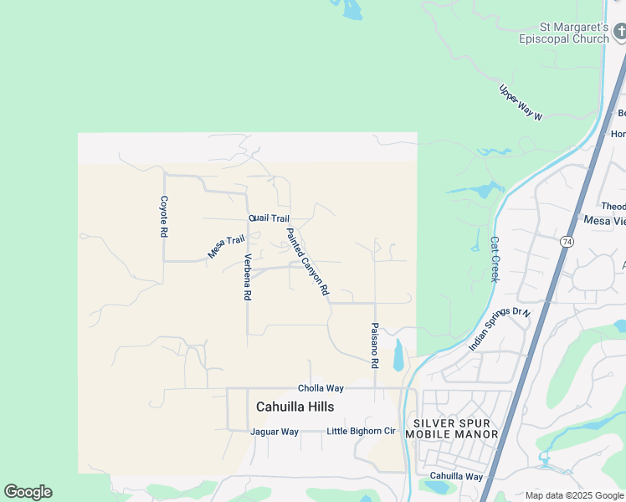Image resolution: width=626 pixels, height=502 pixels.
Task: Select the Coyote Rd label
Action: [x=165, y=217]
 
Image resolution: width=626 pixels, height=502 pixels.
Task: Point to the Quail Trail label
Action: [x=269, y=218]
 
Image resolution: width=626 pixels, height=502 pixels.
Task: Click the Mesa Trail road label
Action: [x=226, y=246]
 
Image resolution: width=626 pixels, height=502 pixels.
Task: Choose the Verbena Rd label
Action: [x=248, y=277]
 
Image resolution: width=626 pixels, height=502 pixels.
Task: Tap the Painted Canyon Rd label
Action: [x=306, y=263]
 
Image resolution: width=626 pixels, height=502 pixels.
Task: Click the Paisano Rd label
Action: [x=375, y=346]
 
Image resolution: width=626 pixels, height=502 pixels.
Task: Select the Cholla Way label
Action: [x=321, y=388]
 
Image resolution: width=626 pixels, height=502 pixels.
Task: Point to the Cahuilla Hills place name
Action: [x=295, y=407]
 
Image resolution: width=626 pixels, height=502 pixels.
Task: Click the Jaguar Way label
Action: [x=275, y=432]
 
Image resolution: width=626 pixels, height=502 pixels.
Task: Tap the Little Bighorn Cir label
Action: [x=361, y=432]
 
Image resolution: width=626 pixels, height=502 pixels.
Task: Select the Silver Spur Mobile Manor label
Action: [x=452, y=428]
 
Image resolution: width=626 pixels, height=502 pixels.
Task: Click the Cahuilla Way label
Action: [x=456, y=476]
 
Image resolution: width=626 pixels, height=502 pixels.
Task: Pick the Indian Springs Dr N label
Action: [x=500, y=329]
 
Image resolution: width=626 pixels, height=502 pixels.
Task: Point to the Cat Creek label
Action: [x=494, y=259]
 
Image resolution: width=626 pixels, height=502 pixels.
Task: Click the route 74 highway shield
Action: [x=566, y=241]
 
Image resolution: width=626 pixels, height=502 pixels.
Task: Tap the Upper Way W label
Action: [x=521, y=103]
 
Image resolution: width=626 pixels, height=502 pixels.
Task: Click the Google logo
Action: [x=28, y=492]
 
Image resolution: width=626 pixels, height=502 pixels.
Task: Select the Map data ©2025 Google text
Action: [x=574, y=495]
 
